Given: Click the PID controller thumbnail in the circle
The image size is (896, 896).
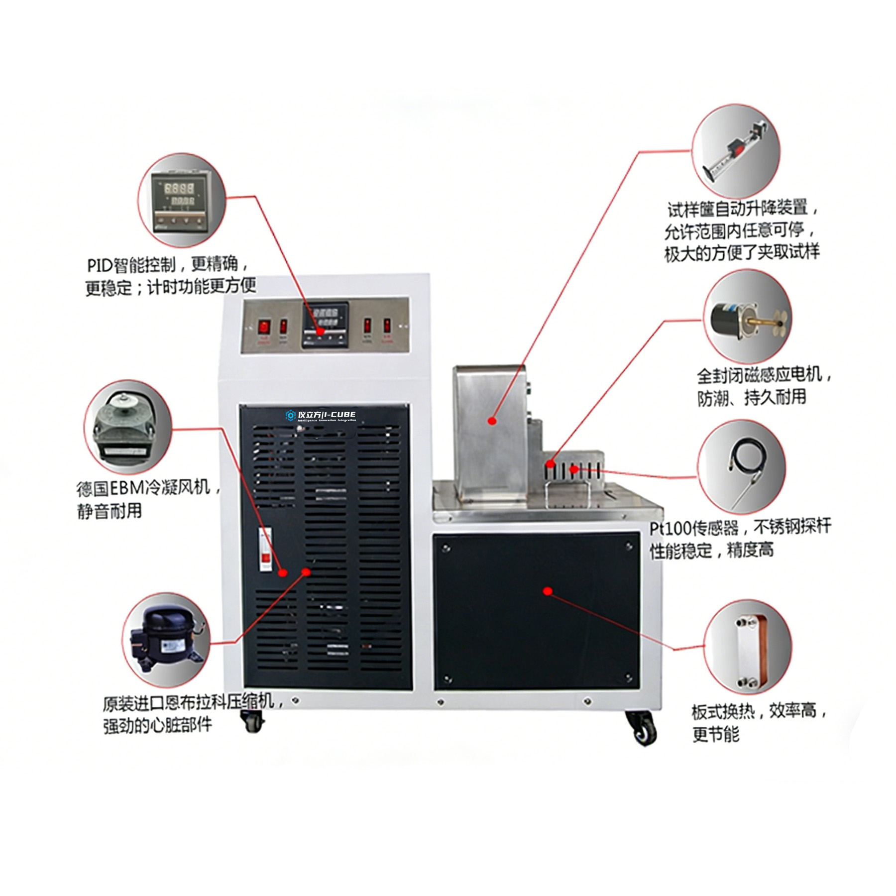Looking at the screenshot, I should point(181,200).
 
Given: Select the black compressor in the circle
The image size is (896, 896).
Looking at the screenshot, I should point(166,640).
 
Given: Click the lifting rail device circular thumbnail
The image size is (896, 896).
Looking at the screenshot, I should point(736,151).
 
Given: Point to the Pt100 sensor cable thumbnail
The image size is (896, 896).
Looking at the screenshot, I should point(741,466).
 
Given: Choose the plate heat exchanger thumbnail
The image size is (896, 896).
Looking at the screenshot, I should point(749,647).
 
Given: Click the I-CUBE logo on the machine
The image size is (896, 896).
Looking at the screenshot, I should point(321,415).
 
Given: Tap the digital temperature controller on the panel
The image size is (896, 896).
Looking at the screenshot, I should point(325,325).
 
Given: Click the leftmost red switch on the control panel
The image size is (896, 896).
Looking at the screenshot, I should point(263,327).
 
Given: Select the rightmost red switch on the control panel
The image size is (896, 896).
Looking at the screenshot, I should point(387,326).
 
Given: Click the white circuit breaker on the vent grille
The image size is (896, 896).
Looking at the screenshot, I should point(265,549).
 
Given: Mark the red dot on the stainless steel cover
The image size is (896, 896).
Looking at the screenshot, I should point(492,421).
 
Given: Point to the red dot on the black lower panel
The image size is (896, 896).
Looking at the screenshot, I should point(548,591).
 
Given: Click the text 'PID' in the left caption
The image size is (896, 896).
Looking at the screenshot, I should point(100,265).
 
